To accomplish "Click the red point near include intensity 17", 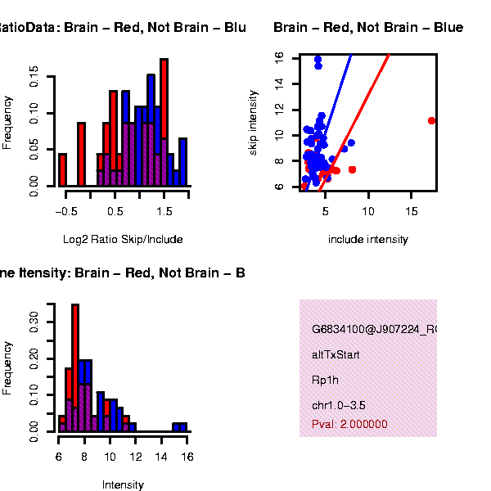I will pyautogui.click(x=431, y=120).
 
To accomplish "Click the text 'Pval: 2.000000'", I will pyautogui.click(x=349, y=424).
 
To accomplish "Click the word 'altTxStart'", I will pyautogui.click(x=336, y=355).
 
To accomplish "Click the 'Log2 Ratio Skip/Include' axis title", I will pyautogui.click(x=123, y=240).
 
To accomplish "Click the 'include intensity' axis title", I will pyautogui.click(x=367, y=240).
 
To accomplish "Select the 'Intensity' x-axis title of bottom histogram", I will pyautogui.click(x=123, y=484).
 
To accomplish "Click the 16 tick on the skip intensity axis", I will pyautogui.click(x=280, y=57).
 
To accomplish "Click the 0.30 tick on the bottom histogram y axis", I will pyautogui.click(x=34, y=318).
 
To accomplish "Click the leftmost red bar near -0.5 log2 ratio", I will pyautogui.click(x=62, y=169).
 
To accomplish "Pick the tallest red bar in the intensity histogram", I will pyautogui.click(x=75, y=367).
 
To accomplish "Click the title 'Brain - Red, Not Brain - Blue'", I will pyautogui.click(x=368, y=28).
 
